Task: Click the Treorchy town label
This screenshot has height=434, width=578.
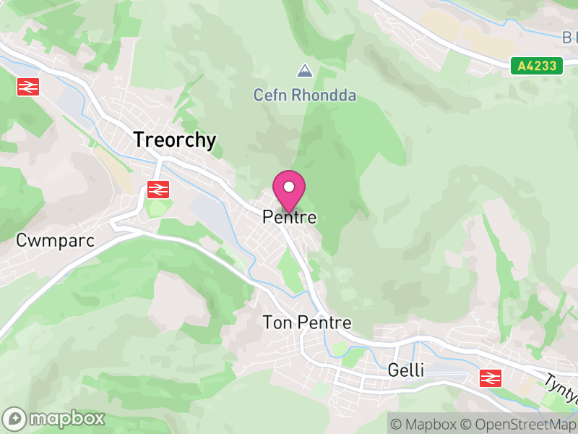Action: [x=174, y=140]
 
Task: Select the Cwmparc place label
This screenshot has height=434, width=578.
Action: [x=56, y=241]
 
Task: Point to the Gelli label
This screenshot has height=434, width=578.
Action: [x=405, y=370]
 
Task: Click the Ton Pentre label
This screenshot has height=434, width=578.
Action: [x=307, y=323]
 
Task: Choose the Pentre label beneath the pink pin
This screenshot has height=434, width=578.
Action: [x=290, y=216]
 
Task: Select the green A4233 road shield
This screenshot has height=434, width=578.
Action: [x=538, y=66]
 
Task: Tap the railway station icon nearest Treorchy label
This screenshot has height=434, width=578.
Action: [x=158, y=190]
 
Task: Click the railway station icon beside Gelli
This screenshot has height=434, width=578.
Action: [x=491, y=377]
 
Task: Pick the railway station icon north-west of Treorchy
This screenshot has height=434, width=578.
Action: [x=27, y=87]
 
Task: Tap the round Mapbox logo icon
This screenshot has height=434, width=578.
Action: [x=15, y=419]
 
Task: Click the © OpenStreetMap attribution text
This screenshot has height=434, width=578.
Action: [x=518, y=425]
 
